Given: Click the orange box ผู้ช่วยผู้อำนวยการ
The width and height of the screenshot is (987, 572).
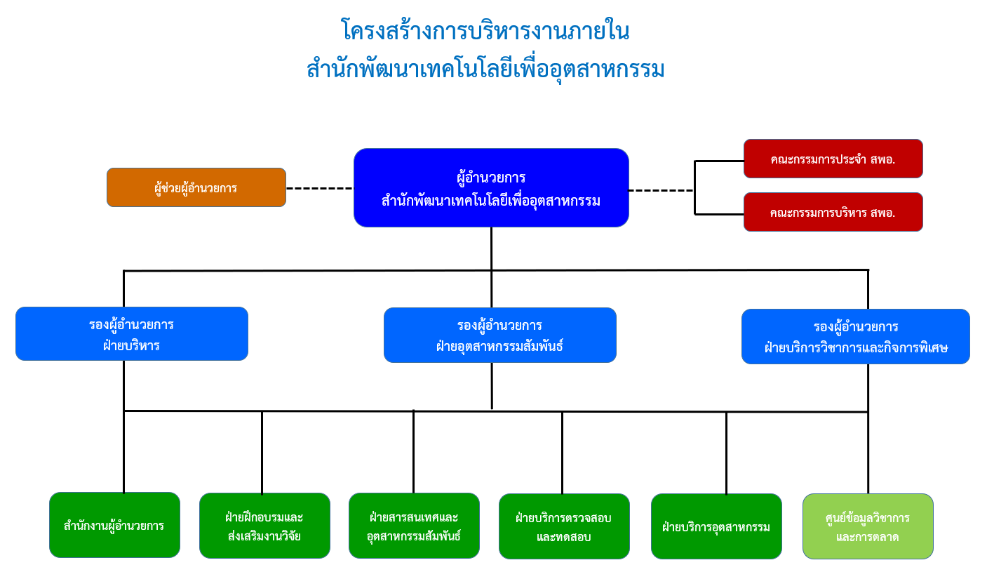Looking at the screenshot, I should pyautogui.click(x=196, y=187).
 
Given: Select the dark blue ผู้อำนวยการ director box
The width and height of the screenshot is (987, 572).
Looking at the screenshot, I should pyautogui.click(x=491, y=187).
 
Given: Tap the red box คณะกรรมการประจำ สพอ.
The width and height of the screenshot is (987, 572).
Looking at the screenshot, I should pyautogui.click(x=833, y=159).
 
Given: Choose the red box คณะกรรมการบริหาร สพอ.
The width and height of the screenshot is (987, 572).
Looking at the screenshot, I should pyautogui.click(x=833, y=212).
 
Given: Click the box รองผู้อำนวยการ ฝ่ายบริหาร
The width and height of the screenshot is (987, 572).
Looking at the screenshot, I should pyautogui.click(x=132, y=334).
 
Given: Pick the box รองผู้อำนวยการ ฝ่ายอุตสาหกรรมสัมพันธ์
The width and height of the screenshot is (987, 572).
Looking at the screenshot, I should pyautogui.click(x=499, y=335).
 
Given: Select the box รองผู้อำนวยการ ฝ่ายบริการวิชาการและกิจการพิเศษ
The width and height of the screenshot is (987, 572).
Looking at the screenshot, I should pyautogui.click(x=855, y=337).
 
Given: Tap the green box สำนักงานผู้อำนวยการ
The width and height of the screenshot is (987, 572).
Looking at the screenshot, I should pyautogui.click(x=114, y=525).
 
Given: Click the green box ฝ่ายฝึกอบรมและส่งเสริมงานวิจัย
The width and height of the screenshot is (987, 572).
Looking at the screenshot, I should pyautogui.click(x=264, y=526).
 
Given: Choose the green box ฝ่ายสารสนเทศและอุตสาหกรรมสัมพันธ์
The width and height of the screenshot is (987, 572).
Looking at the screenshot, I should pyautogui.click(x=414, y=526).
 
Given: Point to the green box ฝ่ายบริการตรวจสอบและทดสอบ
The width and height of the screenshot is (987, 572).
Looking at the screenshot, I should pyautogui.click(x=564, y=527).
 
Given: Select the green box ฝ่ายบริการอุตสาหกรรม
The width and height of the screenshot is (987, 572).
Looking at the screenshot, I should pyautogui.click(x=716, y=527).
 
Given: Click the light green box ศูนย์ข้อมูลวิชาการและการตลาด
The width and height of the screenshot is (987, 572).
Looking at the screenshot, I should pyautogui.click(x=868, y=527).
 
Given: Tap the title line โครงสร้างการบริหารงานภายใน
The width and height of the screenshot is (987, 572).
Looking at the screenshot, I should pyautogui.click(x=485, y=32).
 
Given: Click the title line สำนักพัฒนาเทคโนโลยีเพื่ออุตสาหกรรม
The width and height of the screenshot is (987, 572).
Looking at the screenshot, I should pyautogui.click(x=485, y=69).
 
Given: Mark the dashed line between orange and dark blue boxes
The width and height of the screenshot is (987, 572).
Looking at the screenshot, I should pyautogui.click(x=320, y=188).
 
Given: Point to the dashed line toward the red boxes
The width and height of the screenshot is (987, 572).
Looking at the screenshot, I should pyautogui.click(x=661, y=190).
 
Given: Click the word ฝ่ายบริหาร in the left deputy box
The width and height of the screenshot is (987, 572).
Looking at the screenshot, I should pyautogui.click(x=131, y=345).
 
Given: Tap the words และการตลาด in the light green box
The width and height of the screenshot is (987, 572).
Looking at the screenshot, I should pyautogui.click(x=868, y=538).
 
